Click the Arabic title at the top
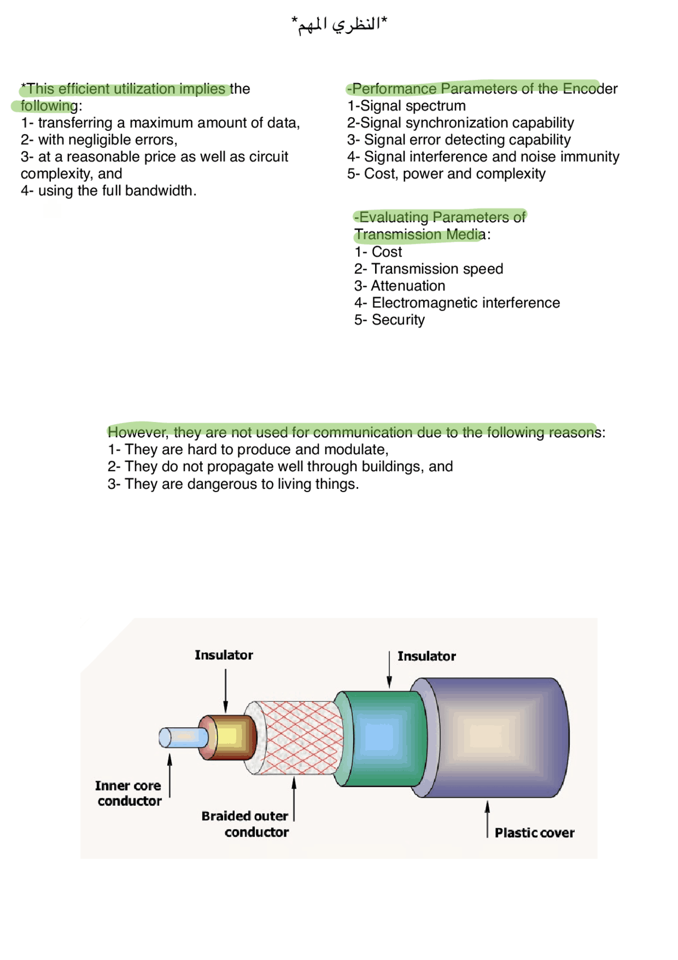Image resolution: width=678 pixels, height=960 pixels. pos(339,24)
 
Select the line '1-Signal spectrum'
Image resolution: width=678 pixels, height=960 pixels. pos(406,106)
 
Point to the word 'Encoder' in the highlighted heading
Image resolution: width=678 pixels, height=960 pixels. pos(590,89)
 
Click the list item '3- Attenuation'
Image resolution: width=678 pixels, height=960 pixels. pos(399,286)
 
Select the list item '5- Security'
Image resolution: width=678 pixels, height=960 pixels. pos(389,320)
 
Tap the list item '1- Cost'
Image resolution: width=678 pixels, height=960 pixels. pos(378,252)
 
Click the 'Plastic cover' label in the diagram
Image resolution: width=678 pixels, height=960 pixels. pos(534,833)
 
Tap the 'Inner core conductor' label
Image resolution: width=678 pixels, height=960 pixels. pos(129,793)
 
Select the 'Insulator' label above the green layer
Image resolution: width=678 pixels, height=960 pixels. pos(426,656)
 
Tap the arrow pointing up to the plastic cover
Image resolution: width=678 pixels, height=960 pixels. pos(487,819)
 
